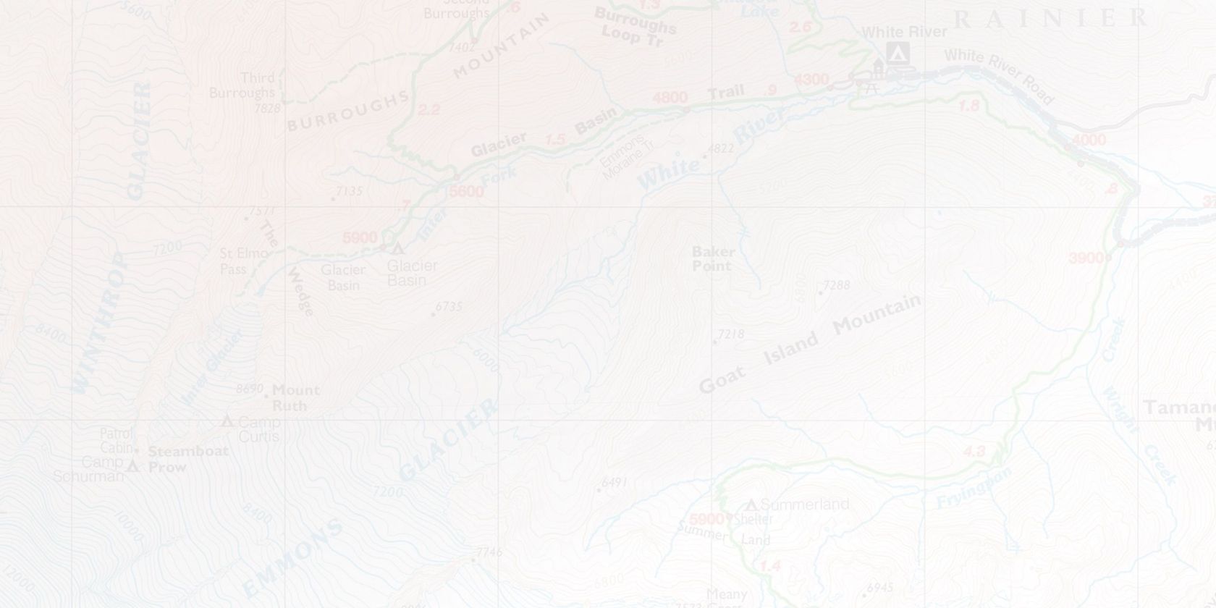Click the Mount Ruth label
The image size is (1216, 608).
tap(295, 397)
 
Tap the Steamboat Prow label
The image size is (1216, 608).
tap(187, 459)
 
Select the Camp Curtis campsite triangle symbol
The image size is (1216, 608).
tap(227, 421)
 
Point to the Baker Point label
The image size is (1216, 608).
tap(713, 258)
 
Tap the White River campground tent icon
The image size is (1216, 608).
tap(898, 52)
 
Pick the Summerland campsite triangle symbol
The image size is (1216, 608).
tap(751, 504)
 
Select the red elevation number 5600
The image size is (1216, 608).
tap(466, 192)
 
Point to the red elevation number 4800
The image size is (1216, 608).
tap(670, 98)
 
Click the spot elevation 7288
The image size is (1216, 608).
tap(837, 285)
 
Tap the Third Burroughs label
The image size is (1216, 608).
tap(242, 85)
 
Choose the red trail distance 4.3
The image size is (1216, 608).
tap(974, 452)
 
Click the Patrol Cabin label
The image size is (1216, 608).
tap(117, 441)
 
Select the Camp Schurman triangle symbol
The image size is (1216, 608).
tap(132, 467)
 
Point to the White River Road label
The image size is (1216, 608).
tap(998, 75)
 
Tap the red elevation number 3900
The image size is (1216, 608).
tap(1086, 258)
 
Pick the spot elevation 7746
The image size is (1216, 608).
tap(489, 552)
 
